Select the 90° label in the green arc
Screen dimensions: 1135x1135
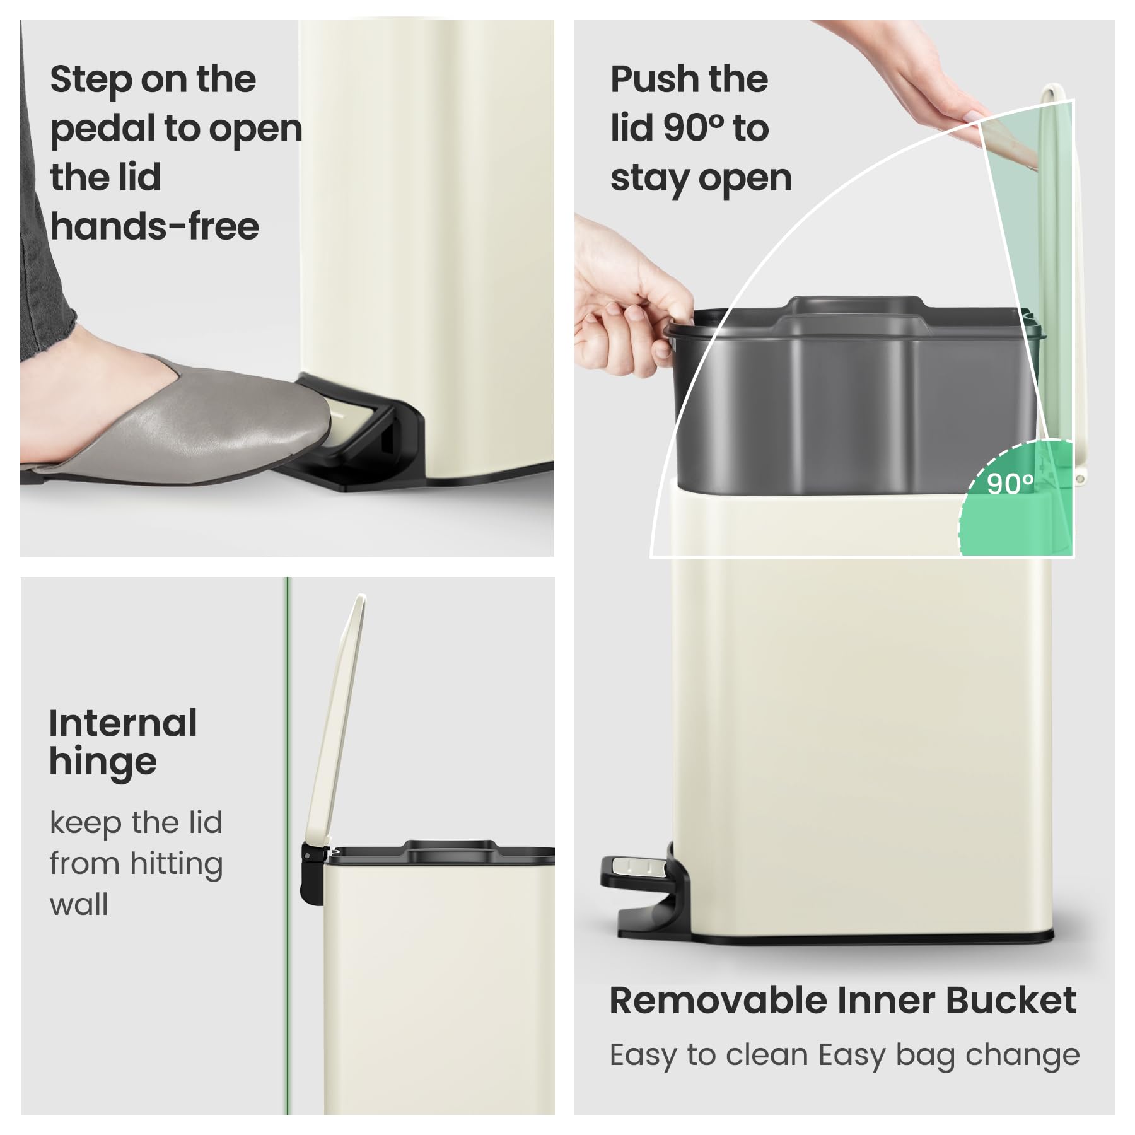coord(1010,483)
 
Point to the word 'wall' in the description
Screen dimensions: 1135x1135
coord(79,905)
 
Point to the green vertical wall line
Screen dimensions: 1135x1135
coord(288,846)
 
